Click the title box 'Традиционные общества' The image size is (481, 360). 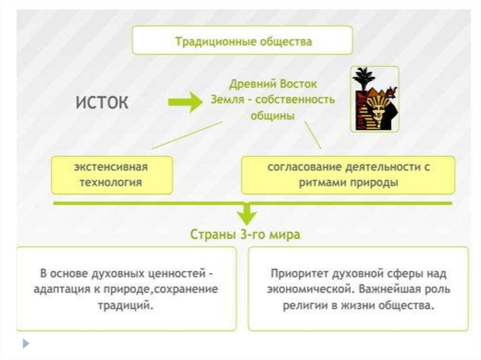(x=242, y=40)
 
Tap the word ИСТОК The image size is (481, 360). (x=102, y=103)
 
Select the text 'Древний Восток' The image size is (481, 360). (x=273, y=85)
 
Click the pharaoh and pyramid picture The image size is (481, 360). (x=374, y=99)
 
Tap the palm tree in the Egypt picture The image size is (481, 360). (x=363, y=77)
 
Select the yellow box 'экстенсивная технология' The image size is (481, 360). (x=112, y=175)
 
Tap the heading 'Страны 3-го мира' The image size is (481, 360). (x=245, y=234)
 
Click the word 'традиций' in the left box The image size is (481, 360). (x=125, y=305)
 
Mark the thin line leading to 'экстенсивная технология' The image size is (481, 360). (x=186, y=135)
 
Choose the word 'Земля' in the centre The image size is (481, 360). (x=225, y=100)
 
